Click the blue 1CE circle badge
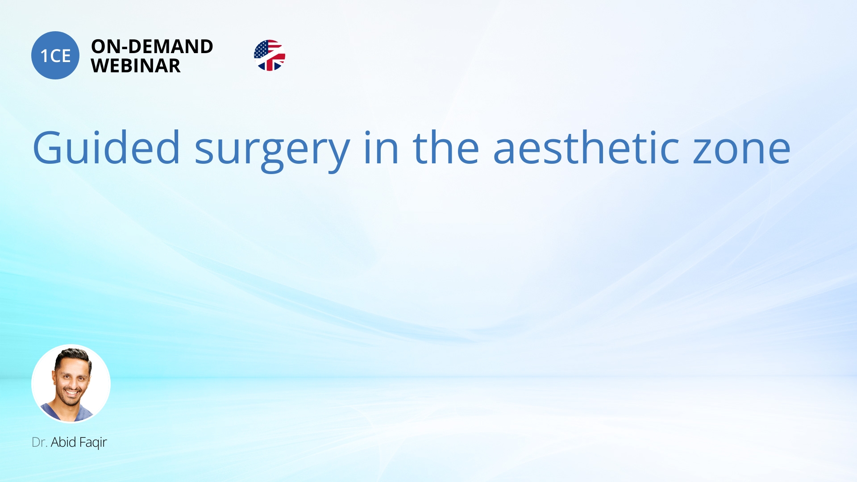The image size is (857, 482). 55,55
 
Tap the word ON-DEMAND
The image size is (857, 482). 152,46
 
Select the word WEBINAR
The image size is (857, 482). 136,66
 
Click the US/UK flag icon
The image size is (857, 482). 270,55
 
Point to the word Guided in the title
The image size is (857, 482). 106,147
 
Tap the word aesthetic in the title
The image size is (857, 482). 587,147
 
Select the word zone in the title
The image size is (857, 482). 742,151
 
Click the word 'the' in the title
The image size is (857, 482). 446,147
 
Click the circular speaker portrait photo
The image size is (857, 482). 71,383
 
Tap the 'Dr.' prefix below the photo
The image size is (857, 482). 39,442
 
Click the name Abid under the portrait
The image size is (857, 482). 63,442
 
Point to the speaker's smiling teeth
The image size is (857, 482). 72,394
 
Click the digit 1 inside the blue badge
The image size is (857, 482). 44,56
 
